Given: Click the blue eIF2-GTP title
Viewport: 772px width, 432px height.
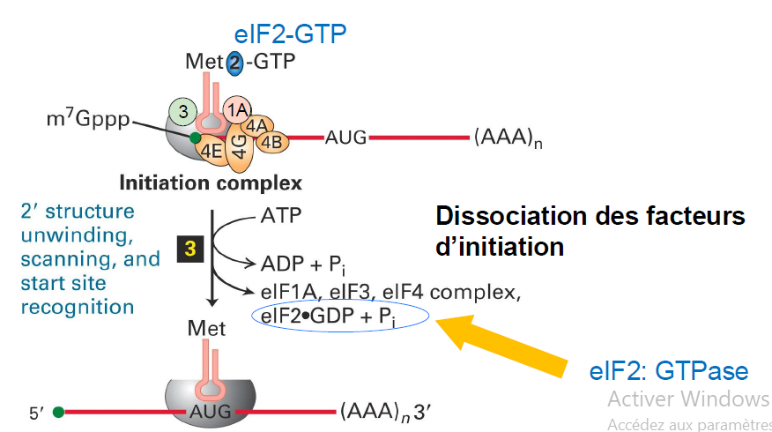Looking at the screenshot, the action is (290, 34).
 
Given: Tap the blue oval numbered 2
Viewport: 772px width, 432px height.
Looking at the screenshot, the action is (234, 63).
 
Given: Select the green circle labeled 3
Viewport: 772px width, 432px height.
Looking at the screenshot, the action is (182, 111).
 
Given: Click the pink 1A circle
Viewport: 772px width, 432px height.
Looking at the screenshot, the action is (237, 110).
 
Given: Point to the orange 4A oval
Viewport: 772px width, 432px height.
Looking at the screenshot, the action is (257, 125).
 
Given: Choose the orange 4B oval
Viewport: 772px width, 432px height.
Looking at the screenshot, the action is (271, 142).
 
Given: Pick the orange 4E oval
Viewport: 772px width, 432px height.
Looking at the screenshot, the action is (211, 150).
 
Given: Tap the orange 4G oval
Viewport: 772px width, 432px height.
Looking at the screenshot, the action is (240, 145).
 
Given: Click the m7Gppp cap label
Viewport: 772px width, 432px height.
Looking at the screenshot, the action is (88, 118).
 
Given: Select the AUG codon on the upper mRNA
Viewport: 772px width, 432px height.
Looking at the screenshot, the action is (346, 138).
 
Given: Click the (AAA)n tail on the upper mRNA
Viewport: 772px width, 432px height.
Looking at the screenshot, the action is (508, 138).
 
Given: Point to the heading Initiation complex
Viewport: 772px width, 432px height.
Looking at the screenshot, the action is (211, 182).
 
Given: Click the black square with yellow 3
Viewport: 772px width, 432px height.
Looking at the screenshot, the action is (190, 249).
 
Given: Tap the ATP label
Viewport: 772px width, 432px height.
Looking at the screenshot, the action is (281, 215).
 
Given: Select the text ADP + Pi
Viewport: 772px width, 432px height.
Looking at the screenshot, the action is (303, 264).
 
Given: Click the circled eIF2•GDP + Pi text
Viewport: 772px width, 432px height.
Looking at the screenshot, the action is (329, 317).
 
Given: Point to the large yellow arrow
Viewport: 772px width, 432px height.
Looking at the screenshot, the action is (501, 346).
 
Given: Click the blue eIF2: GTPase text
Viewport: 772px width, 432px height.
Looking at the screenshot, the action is (669, 371).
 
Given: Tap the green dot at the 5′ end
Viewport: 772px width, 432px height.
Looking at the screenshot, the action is (58, 412).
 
